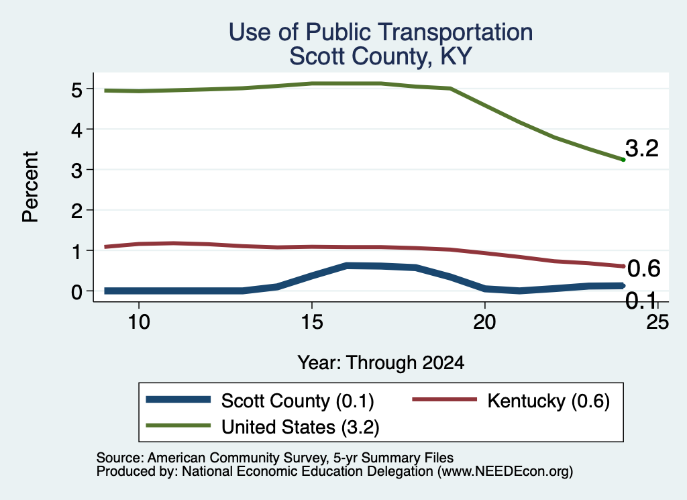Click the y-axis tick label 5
pyautogui.click(x=76, y=90)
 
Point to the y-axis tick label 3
pyautogui.click(x=76, y=170)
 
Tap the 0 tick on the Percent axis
pyautogui.click(x=76, y=292)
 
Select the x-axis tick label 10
pyautogui.click(x=139, y=322)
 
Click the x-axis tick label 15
pyautogui.click(x=312, y=322)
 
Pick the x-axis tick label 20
pyautogui.click(x=484, y=322)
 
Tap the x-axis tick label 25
pyautogui.click(x=657, y=322)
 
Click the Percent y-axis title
pyautogui.click(x=31, y=187)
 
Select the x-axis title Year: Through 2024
pyautogui.click(x=381, y=363)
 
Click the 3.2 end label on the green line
pyautogui.click(x=642, y=148)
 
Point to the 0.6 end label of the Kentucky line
pyautogui.click(x=643, y=268)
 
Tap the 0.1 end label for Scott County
pyautogui.click(x=641, y=301)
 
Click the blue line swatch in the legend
pyautogui.click(x=178, y=399)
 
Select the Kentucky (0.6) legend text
pyautogui.click(x=548, y=401)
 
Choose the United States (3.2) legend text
pyautogui.click(x=300, y=428)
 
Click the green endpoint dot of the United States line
pyautogui.click(x=623, y=160)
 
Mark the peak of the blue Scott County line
pyautogui.click(x=347, y=266)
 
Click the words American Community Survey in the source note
pyautogui.click(x=236, y=458)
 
